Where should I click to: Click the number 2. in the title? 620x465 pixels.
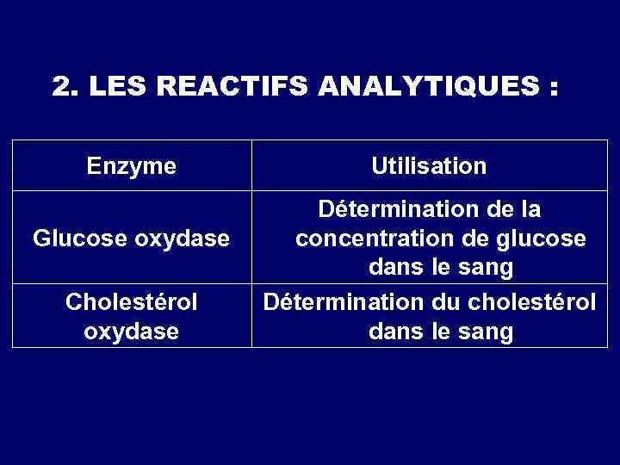63,87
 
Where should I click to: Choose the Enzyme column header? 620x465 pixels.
132,165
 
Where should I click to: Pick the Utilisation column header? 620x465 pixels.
429,165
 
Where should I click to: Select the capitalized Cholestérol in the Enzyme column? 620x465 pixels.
132,302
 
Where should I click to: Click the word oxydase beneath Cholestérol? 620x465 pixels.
132,331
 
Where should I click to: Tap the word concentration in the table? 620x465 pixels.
369,238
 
